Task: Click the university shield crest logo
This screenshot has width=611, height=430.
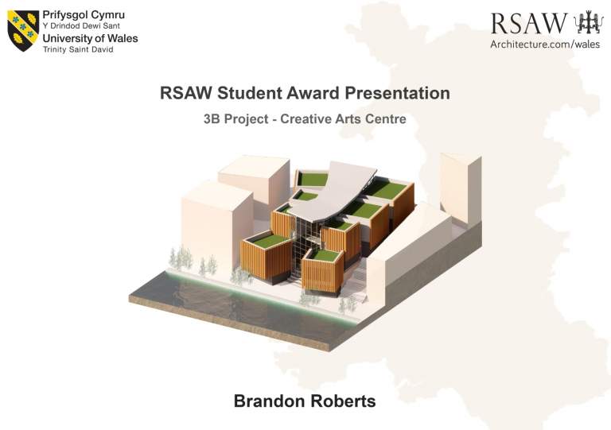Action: pos(23,31)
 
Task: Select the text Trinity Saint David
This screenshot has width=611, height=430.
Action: pos(78,49)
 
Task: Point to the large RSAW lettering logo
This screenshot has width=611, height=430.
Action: pos(529,23)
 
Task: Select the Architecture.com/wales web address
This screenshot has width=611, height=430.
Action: pos(545,44)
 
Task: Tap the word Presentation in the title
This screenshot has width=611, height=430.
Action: pos(397,94)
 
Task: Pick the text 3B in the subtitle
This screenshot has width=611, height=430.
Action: pos(212,118)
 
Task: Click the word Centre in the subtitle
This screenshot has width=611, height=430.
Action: pos(386,118)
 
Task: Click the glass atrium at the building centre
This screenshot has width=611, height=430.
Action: pos(308,245)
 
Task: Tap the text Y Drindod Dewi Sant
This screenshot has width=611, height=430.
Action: pos(81,26)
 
